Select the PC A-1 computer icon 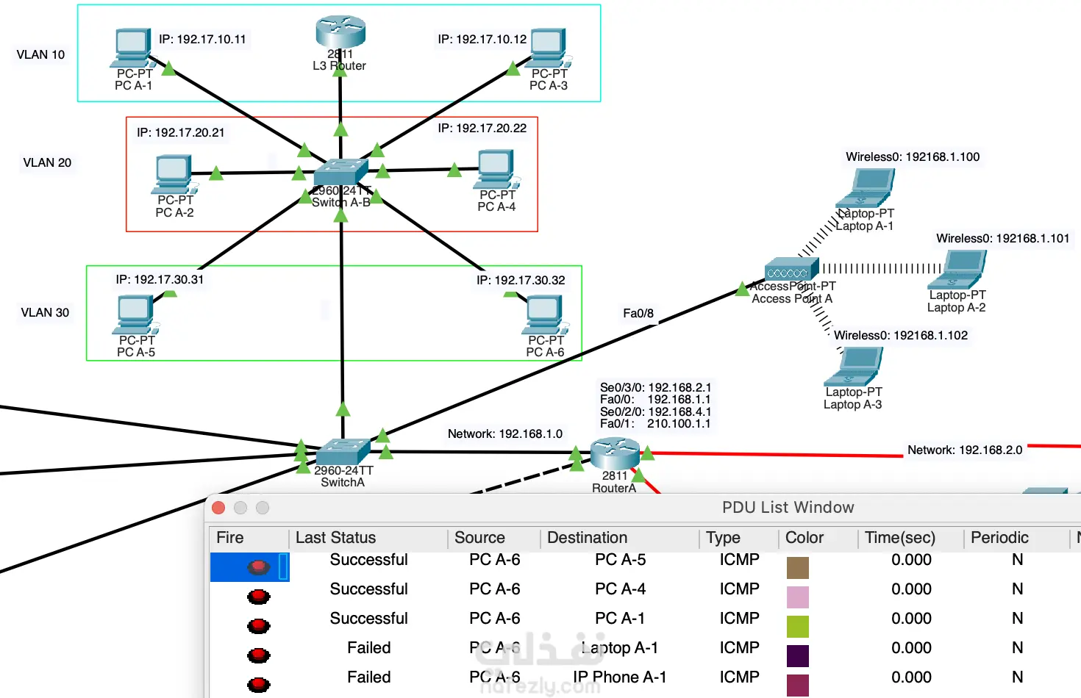tap(133, 48)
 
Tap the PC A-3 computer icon tap(549, 48)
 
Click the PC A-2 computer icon tap(174, 174)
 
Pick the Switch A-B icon tap(340, 173)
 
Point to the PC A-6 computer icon tap(545, 315)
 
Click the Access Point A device tap(791, 270)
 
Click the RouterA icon tap(614, 453)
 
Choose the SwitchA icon tap(342, 451)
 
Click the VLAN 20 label tap(47, 162)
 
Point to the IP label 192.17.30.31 tap(160, 279)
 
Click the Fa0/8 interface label tap(638, 314)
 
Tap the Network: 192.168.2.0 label tap(964, 450)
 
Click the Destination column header tap(587, 538)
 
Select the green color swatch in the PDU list tap(797, 626)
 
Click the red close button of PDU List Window tap(218, 508)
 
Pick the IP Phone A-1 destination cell tap(620, 677)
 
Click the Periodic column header tap(999, 538)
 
